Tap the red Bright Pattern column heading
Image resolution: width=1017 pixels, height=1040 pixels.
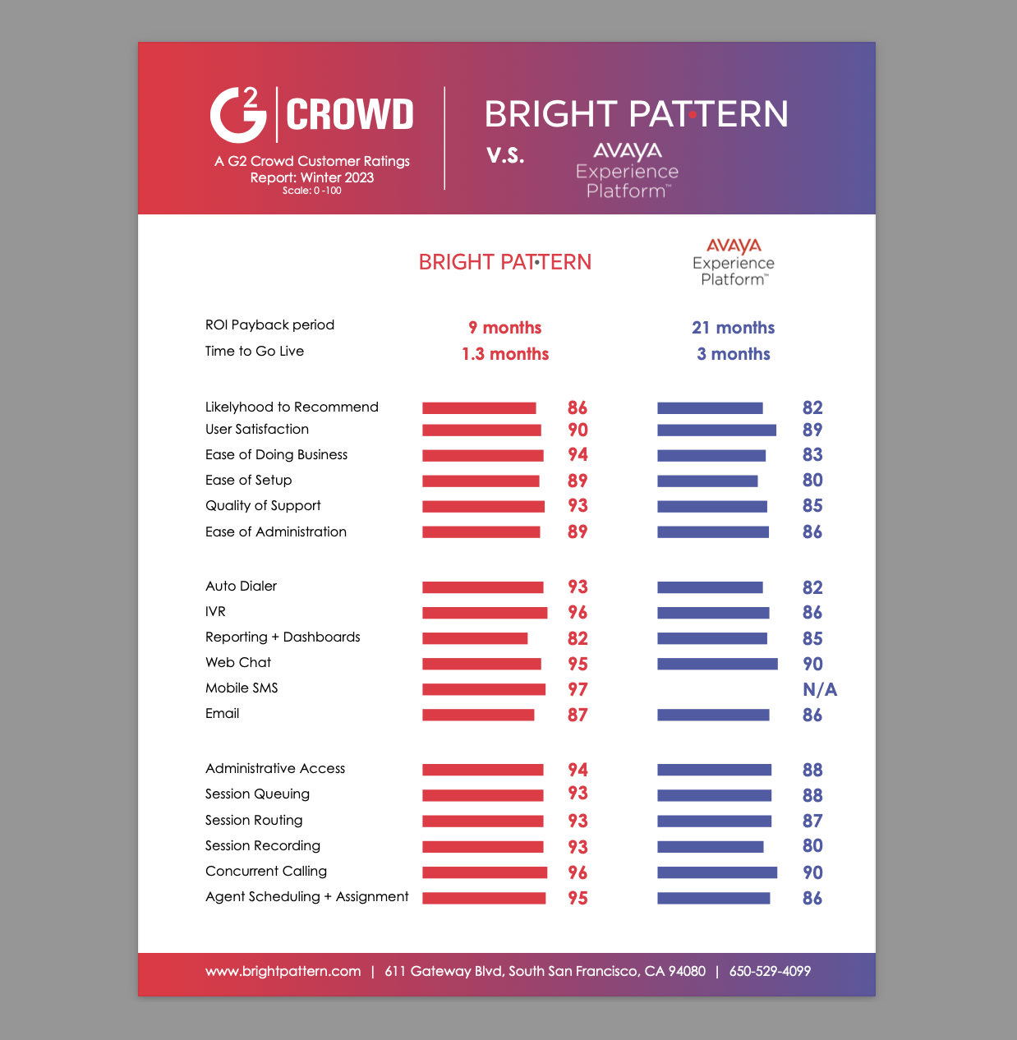pos(504,262)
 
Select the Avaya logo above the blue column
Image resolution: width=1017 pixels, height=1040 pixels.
pos(734,262)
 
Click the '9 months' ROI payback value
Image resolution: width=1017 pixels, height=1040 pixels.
pos(504,328)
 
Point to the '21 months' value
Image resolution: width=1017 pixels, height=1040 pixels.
pos(733,328)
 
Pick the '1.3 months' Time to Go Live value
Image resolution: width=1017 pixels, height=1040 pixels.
pos(504,354)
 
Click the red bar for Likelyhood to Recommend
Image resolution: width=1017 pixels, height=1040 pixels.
pos(479,408)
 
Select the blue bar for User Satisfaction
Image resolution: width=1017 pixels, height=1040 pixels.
pos(716,430)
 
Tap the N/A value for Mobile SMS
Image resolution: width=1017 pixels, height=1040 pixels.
pos(819,689)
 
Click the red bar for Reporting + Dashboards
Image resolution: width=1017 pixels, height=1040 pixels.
pos(475,638)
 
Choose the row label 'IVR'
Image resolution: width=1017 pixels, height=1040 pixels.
pos(215,611)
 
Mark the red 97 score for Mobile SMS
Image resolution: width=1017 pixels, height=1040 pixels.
pos(578,689)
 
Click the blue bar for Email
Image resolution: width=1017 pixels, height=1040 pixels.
pos(713,715)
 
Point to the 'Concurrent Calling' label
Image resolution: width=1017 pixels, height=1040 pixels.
pos(266,871)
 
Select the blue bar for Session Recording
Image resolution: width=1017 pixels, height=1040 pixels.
pos(710,846)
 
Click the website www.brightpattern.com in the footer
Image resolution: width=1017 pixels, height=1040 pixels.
pos(283,971)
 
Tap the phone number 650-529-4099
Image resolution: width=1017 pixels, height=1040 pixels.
pos(770,971)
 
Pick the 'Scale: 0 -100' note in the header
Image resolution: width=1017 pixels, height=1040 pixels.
pos(311,191)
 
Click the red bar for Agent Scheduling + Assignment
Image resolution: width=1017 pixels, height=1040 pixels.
pos(484,898)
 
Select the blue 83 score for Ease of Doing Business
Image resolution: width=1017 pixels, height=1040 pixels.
pos(812,455)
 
